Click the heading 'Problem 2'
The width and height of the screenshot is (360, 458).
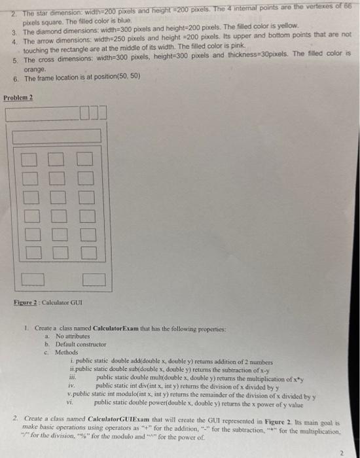(x=18, y=97)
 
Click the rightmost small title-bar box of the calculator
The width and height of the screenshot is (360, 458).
(x=101, y=115)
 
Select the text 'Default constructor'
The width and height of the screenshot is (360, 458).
(x=81, y=343)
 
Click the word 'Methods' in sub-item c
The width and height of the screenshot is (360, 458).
(x=67, y=352)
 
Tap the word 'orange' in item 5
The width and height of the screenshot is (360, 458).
(x=35, y=69)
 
